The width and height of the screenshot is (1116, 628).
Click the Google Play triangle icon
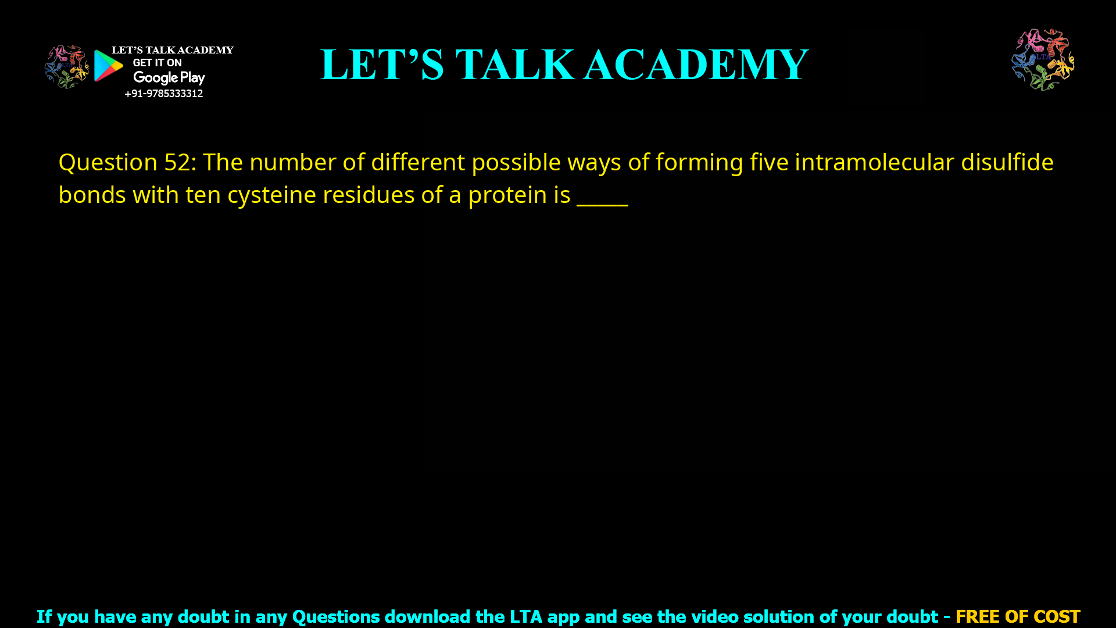[x=108, y=66]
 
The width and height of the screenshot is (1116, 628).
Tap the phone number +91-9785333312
[x=163, y=94]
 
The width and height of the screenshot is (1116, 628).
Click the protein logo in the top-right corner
[x=1043, y=60]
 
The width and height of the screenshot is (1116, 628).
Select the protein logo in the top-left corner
[x=66, y=67]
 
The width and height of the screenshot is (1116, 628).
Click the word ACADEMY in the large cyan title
[x=696, y=65]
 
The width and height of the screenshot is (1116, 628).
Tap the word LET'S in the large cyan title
[x=382, y=65]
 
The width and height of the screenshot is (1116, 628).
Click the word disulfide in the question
[x=1007, y=162]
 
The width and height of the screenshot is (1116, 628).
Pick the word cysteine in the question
[x=271, y=195]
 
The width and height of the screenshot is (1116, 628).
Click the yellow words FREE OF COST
[x=1017, y=616]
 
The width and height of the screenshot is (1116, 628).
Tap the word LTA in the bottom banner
[x=525, y=616]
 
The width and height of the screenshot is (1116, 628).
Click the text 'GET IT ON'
[x=157, y=63]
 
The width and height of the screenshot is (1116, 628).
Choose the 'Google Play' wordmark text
[x=169, y=78]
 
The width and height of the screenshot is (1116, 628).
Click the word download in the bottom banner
[x=427, y=616]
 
